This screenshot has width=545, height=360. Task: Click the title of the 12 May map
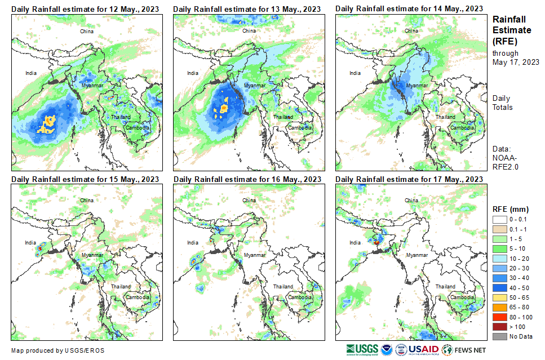(x=85, y=9)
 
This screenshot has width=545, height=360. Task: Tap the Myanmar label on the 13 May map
(x=254, y=85)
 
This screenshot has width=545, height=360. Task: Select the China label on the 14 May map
(x=412, y=31)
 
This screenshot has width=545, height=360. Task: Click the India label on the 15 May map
(x=30, y=243)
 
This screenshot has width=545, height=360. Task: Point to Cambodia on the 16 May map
(x=300, y=297)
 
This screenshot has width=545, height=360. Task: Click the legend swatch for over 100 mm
(x=499, y=327)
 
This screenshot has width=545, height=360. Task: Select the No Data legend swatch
(x=499, y=336)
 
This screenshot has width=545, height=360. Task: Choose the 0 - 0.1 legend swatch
(x=499, y=220)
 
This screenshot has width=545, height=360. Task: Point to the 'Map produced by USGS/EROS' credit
(x=57, y=350)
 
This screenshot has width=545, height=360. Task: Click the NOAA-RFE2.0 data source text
(x=506, y=162)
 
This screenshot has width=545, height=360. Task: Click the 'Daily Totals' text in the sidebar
(x=503, y=103)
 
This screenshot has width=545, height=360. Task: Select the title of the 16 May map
(x=247, y=179)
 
